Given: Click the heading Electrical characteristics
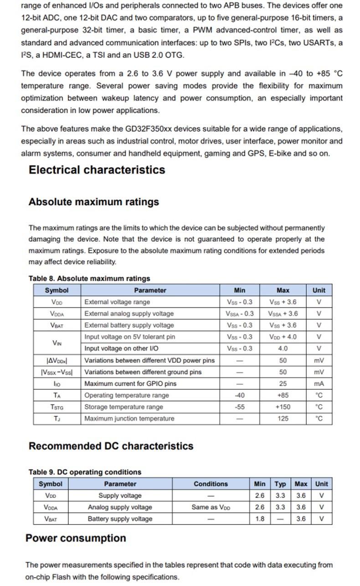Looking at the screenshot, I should coord(97,170).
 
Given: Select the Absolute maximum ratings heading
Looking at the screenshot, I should coord(93,202).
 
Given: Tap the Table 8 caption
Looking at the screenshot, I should coord(89,278).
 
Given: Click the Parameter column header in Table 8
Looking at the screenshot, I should coord(150,290).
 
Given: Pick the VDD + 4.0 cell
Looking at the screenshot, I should coord(283,337).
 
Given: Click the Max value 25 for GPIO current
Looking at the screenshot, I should coord(283,383).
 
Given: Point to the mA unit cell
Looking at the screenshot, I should coord(319,383).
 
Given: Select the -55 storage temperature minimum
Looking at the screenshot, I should coord(239,407).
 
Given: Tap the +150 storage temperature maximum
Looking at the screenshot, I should coord(283,407).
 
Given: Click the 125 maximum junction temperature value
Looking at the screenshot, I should coord(283,418).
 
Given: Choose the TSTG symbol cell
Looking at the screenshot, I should coord(57,407).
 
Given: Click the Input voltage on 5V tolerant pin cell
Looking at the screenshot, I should coord(130,337).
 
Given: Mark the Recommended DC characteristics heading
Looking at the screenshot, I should coord(111,446).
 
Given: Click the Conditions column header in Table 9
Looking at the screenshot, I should coord(211,484).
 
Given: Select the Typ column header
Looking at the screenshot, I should coord(280,484).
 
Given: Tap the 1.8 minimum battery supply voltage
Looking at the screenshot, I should coord(260,519).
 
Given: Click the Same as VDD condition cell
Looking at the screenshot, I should coord(211,507).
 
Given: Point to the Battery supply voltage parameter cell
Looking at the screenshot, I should coord(120,519).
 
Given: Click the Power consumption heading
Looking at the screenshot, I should coord(76,538).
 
